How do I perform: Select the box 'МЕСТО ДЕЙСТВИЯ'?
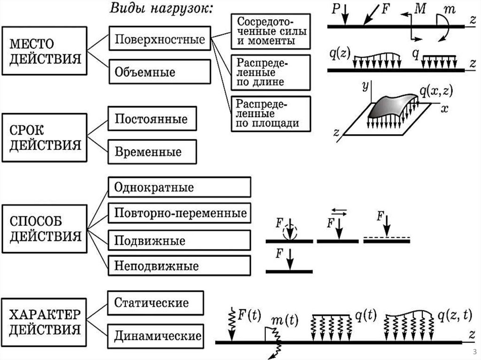(45, 51)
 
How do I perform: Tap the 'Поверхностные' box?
(160, 39)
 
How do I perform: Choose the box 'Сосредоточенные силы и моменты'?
(271, 31)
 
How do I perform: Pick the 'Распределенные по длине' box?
(271, 72)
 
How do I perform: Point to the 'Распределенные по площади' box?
(271, 113)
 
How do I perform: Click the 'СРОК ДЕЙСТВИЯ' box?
(45, 137)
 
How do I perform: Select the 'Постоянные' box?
(151, 119)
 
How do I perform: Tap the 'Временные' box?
(151, 152)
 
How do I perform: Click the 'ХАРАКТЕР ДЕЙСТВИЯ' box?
(45, 321)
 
